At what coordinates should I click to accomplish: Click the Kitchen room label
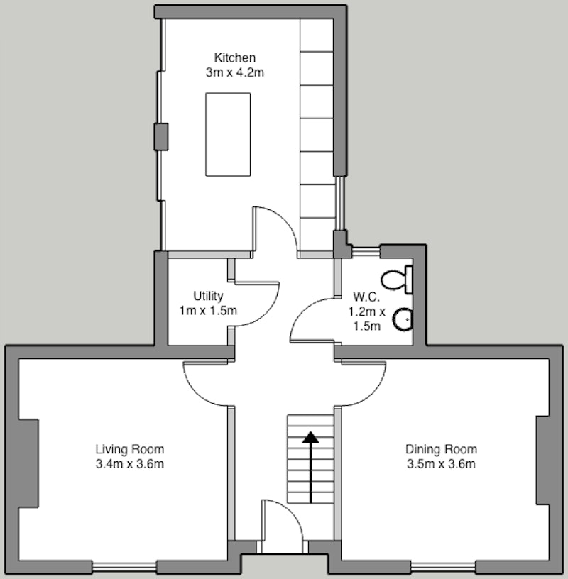coord(235,58)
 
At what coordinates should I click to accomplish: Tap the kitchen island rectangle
coord(228,134)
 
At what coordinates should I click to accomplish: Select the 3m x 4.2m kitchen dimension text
coord(235,72)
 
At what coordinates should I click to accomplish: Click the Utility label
coord(208,296)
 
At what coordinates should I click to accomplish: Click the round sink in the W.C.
coord(403,319)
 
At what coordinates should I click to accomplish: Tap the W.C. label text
coord(366,297)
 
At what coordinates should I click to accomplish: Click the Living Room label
coord(130,449)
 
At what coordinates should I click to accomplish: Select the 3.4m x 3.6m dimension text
coord(130,464)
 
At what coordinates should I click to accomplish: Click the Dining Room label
coord(441,449)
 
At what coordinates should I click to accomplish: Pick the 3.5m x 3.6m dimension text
coord(441,464)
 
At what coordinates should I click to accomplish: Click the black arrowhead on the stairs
coord(310,437)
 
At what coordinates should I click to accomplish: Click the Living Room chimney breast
coord(29,463)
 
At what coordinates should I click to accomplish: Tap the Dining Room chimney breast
coord(542,460)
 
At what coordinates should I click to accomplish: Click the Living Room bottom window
coord(124,566)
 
